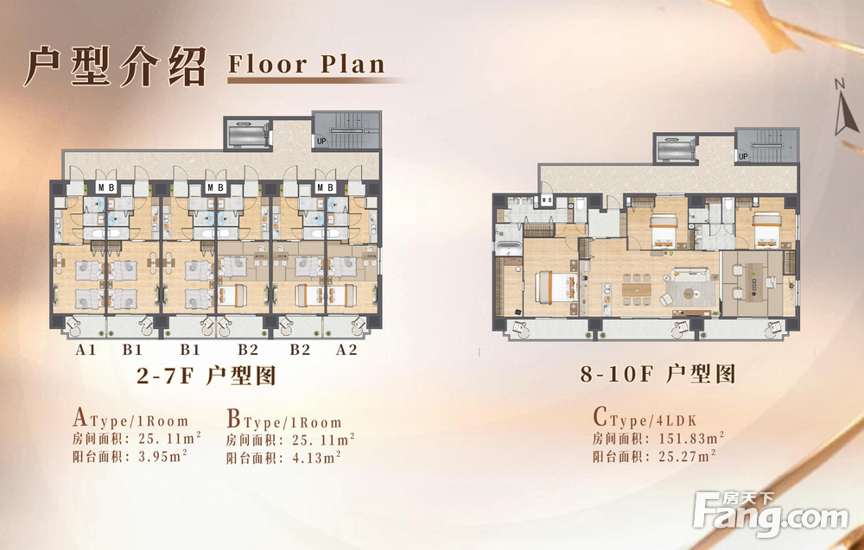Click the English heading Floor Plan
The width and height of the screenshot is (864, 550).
[307, 65]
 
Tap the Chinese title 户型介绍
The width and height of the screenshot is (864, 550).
[115, 66]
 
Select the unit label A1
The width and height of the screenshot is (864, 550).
[86, 350]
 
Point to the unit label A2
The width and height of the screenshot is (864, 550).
[346, 350]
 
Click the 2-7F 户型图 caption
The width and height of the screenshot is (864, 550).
[206, 376]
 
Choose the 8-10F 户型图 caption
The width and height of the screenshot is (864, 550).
[658, 374]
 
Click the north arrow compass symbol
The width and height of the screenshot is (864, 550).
[845, 107]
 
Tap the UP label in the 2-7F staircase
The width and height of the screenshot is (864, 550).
[321, 141]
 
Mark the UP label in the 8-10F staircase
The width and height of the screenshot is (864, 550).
[743, 156]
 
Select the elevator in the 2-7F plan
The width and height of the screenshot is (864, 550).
[248, 133]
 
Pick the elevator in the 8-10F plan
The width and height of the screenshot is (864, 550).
[675, 149]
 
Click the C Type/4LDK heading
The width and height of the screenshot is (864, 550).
[645, 419]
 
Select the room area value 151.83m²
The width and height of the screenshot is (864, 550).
[691, 439]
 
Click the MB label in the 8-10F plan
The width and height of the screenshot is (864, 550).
[547, 199]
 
